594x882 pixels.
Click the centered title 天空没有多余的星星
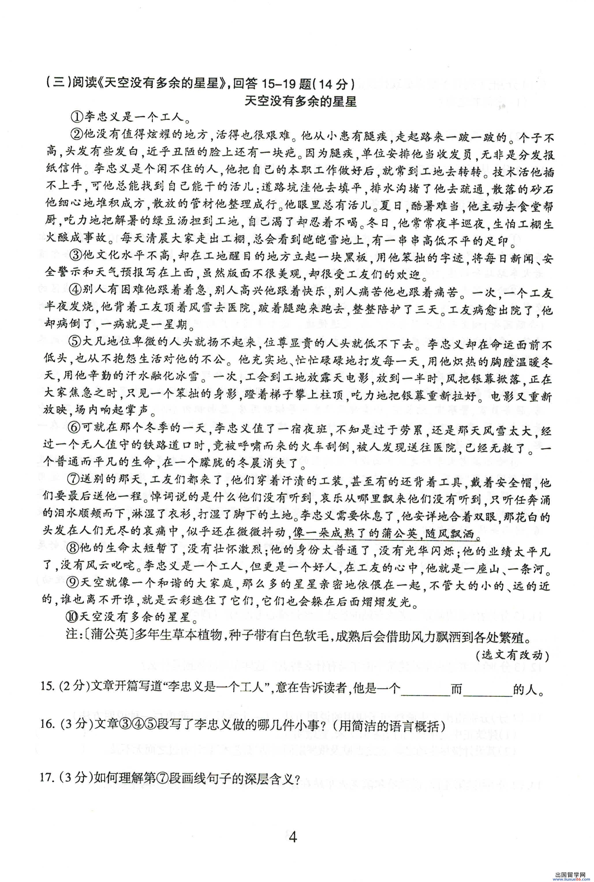[301, 102]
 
